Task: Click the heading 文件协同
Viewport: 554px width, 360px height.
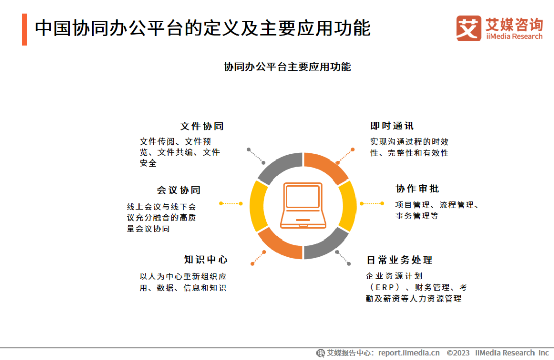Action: point(202,126)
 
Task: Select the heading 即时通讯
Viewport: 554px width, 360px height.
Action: point(392,126)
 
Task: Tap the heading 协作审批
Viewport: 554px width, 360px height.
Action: point(417,189)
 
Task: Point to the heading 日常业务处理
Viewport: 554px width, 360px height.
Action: point(400,260)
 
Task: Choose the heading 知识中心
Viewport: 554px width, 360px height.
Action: point(205,259)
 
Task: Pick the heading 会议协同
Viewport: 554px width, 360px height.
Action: point(179,190)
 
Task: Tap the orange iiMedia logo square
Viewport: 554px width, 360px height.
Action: point(468,28)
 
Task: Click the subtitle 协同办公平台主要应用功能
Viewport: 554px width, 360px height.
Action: point(287,67)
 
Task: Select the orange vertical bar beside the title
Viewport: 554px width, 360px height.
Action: point(24,29)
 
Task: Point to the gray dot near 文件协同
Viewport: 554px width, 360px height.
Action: point(249,150)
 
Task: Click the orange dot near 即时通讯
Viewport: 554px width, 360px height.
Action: point(353,150)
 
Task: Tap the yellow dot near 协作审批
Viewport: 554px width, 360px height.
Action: point(382,203)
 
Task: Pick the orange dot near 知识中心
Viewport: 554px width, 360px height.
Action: point(252,264)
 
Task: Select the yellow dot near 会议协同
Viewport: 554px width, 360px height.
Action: point(221,203)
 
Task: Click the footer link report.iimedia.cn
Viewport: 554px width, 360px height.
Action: point(408,353)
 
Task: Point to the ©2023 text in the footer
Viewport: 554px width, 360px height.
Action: point(458,353)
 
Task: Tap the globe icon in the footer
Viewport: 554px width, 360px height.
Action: point(321,353)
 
